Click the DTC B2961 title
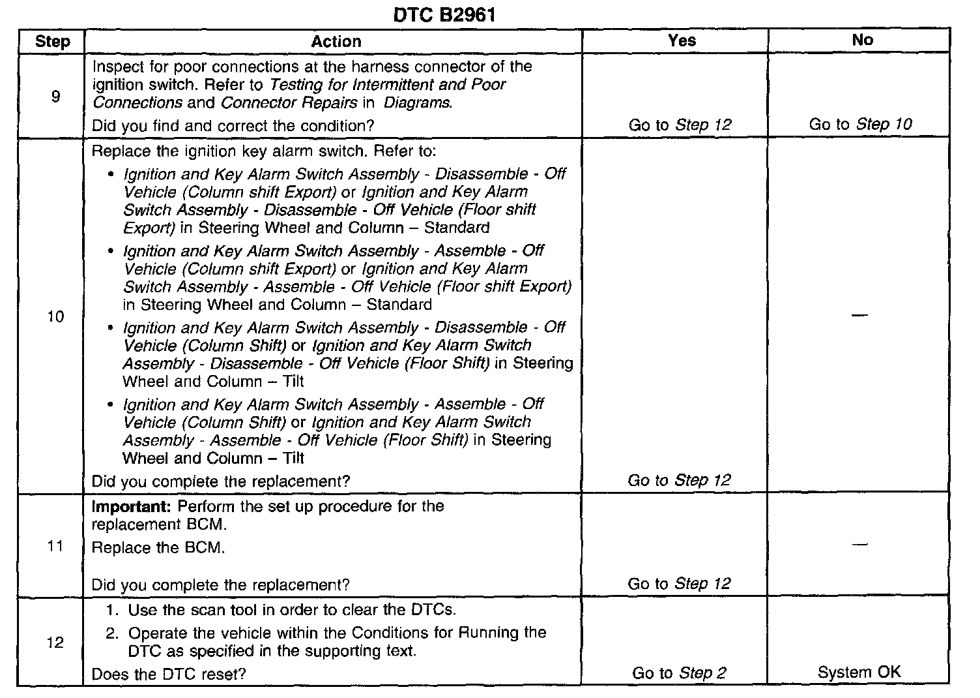pos(444,15)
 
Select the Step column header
pos(52,42)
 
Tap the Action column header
pos(336,42)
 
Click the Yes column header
pos(682,40)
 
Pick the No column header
pos(862,40)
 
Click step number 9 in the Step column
pos(55,97)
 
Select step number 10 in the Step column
pos(55,317)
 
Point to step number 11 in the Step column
pos(55,547)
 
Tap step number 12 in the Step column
pos(55,643)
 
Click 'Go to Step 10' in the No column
pos(860,124)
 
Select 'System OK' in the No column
pos(859,673)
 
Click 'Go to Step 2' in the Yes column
pos(679,673)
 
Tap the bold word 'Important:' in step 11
pos(132,507)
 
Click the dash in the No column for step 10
pos(859,316)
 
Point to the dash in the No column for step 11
pos(859,544)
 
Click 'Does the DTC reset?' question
pos(169,674)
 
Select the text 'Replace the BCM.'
pos(158,548)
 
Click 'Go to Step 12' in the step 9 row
pos(680,125)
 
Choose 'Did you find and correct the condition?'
pos(233,125)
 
